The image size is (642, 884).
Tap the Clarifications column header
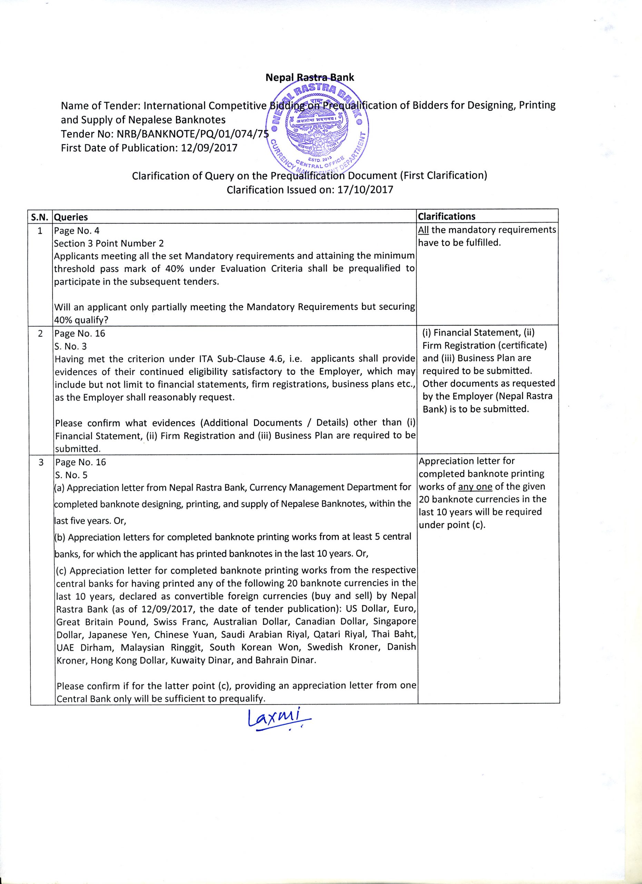(446, 216)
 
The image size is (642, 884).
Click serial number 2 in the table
(40, 334)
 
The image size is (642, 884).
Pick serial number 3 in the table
(41, 462)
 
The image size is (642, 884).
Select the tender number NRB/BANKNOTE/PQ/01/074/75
(193, 134)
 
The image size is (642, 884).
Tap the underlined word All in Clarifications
(423, 230)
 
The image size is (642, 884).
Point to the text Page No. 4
(77, 231)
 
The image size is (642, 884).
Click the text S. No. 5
(71, 475)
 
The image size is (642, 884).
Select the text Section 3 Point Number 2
(109, 243)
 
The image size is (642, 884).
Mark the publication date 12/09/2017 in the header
(209, 148)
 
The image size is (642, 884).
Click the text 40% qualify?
(81, 320)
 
